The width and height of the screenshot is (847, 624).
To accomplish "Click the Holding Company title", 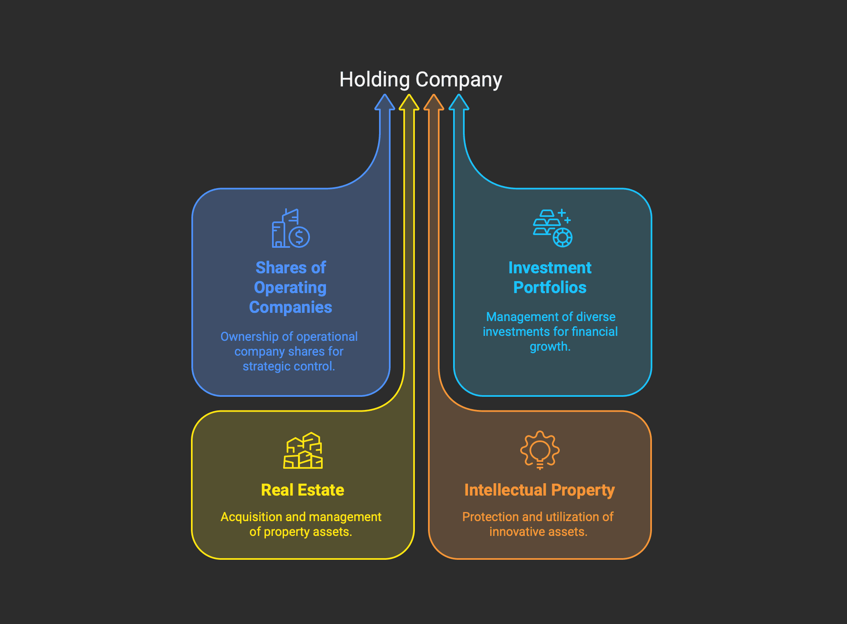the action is (421, 79).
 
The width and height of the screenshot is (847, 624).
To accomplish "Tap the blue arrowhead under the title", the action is (384, 102).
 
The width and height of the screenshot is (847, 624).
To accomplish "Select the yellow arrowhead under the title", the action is (409, 102).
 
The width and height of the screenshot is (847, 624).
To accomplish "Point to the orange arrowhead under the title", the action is (434, 102).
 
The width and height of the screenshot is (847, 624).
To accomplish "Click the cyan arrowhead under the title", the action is (459, 102).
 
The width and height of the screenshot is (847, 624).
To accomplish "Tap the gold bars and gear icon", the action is (553, 228).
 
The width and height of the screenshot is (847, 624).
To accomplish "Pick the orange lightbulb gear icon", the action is (540, 450).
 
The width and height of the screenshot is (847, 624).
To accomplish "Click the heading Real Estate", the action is (302, 490).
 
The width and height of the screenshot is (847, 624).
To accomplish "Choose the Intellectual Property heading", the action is (540, 490).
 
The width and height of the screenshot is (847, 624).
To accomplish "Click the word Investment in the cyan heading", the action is (550, 268).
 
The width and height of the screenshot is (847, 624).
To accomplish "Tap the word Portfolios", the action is (550, 287).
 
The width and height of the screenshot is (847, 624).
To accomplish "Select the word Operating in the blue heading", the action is (290, 288).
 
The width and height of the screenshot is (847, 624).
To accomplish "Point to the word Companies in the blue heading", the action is (291, 307).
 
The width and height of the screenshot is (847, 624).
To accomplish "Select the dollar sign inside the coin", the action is (299, 237).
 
